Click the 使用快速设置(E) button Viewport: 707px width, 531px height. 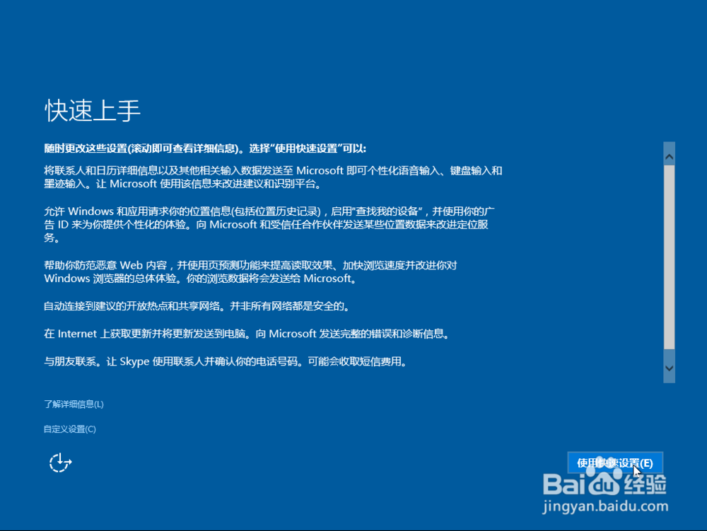615,463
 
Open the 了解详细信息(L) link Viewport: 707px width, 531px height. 74,404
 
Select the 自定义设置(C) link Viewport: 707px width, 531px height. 70,429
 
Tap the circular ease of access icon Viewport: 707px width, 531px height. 60,463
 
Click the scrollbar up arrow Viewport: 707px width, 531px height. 669,157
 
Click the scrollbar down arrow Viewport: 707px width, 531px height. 669,368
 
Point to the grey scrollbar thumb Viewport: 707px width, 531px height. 669,257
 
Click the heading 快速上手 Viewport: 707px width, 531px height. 93,110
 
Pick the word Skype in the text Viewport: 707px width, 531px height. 134,361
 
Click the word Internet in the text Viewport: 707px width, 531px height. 77,334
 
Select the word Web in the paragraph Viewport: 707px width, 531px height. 132,265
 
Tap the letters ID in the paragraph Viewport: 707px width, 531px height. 63,224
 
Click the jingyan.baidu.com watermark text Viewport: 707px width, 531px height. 605,507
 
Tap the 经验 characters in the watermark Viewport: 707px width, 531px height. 645,484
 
